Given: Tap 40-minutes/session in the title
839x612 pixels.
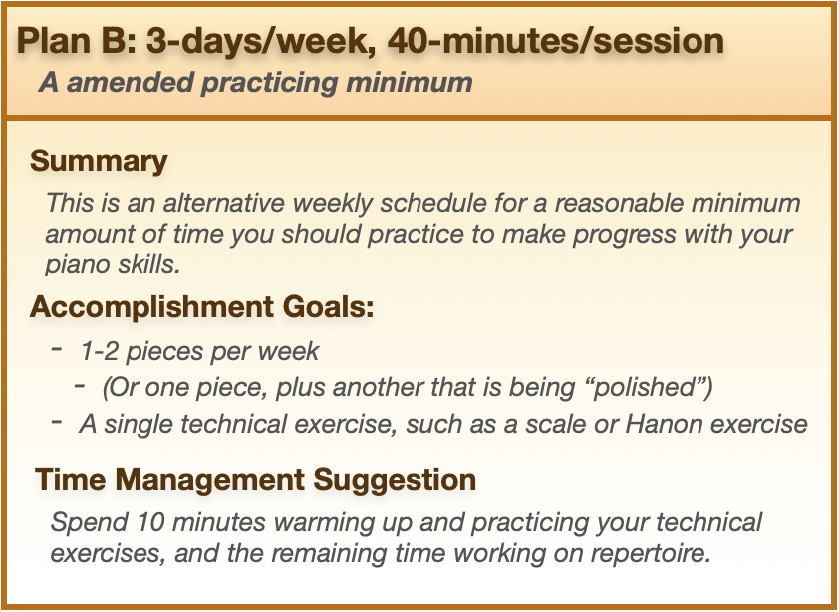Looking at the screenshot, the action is click(x=555, y=41).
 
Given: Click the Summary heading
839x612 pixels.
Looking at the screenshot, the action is click(x=99, y=161).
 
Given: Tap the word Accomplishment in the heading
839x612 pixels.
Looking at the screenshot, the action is click(x=152, y=307).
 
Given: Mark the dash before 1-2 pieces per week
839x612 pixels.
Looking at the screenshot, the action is click(x=57, y=349).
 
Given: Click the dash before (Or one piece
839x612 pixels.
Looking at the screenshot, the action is click(x=80, y=384).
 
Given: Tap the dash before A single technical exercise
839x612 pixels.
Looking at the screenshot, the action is click(x=57, y=421).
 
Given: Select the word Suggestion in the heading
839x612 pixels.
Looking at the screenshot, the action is click(x=395, y=480).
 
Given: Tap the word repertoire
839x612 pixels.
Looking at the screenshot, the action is click(x=651, y=553).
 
